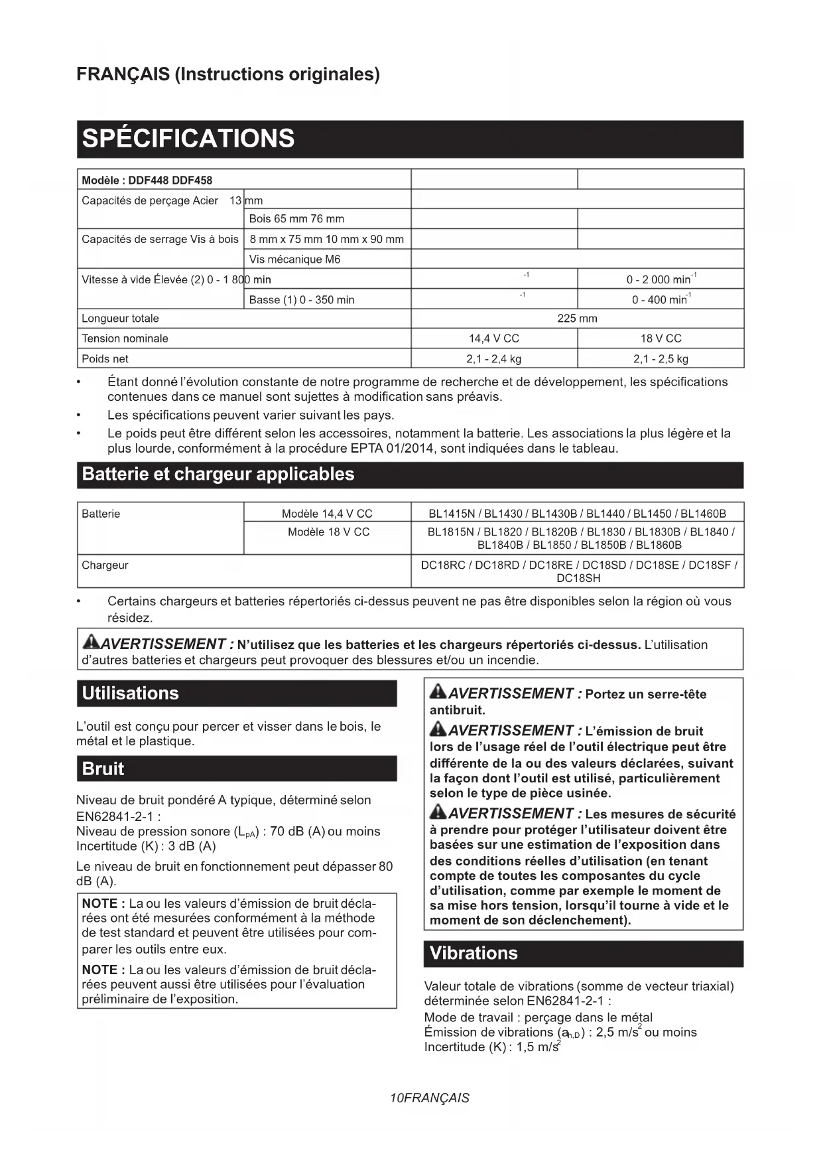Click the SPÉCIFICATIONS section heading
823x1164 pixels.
coord(188,139)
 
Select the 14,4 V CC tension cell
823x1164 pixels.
coord(494,338)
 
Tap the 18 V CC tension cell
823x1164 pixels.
coord(661,338)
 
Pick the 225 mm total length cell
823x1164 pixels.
coord(577,319)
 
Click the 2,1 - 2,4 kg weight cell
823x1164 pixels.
coord(494,359)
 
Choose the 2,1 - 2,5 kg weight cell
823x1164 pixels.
coord(661,359)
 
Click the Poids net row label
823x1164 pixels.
coord(105,359)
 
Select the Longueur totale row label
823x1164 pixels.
coord(120,319)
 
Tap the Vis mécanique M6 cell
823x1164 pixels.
coord(294,259)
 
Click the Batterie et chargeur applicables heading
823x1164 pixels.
coord(218,474)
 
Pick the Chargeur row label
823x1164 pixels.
coord(105,565)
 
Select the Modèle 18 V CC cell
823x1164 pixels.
coord(328,532)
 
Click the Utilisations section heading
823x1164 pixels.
coord(131,693)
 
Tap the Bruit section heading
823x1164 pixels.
coord(103,769)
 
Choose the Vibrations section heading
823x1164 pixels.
coord(474,954)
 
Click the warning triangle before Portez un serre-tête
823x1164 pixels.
coord(438,692)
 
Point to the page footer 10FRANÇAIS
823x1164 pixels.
coord(430,1098)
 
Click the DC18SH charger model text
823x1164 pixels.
coord(578,579)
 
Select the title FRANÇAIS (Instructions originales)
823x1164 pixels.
coord(228,74)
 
